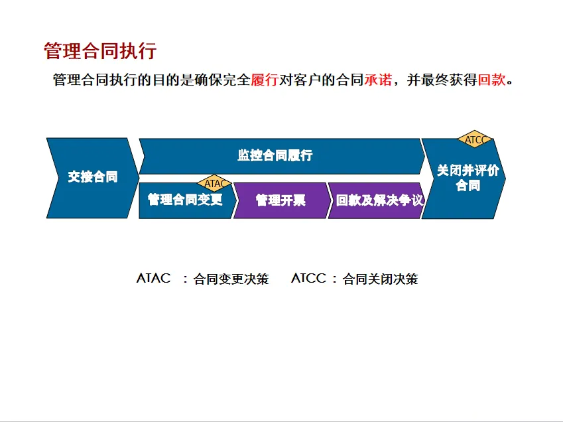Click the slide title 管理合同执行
click(99, 51)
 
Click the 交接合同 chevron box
click(92, 177)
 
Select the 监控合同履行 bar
click(275, 156)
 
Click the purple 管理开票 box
click(281, 200)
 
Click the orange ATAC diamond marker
click(214, 182)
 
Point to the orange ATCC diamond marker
click(475, 139)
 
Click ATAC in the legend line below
click(154, 279)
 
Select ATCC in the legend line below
click(309, 279)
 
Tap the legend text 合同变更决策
click(231, 279)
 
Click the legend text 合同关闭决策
click(380, 279)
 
